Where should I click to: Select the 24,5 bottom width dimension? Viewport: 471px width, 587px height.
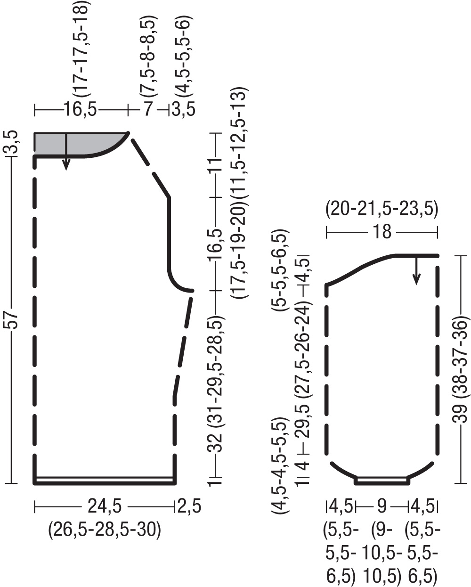click(x=105, y=506)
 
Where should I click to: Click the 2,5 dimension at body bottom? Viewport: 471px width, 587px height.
click(x=189, y=506)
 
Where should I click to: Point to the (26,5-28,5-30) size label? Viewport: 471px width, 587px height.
click(x=105, y=530)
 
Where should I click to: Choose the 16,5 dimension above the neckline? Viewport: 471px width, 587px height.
click(x=80, y=109)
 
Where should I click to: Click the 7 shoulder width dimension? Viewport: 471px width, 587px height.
click(x=147, y=109)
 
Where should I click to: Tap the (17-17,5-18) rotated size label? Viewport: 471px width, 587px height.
click(x=81, y=49)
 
